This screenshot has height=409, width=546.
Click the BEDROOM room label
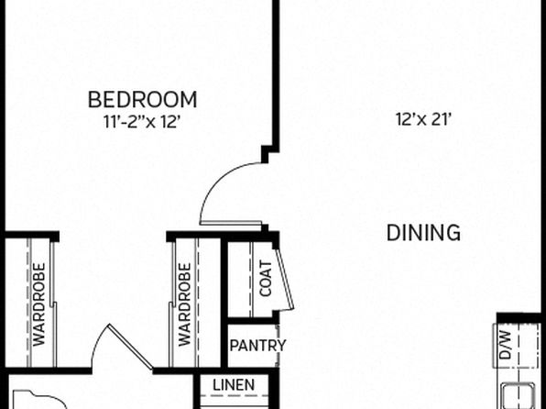tap(142, 99)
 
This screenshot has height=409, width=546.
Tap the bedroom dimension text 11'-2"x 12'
tap(142, 122)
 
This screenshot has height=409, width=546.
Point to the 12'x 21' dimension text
tap(424, 119)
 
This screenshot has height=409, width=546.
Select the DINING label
tap(423, 233)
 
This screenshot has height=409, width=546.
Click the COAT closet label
tap(266, 279)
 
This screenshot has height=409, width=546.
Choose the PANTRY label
tap(257, 346)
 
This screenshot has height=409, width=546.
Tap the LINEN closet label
tap(234, 385)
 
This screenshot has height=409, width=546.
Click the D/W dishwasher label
tap(506, 345)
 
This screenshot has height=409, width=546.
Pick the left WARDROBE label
tap(39, 304)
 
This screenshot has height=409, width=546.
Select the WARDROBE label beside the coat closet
tap(184, 304)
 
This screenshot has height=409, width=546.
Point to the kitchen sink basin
tap(519, 396)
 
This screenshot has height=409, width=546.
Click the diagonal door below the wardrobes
tap(131, 347)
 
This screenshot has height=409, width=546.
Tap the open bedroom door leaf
tap(231, 223)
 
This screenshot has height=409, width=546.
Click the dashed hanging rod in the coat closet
tap(251, 279)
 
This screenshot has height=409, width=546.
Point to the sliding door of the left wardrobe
tap(53, 304)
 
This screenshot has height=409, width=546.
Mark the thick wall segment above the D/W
tap(521, 318)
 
